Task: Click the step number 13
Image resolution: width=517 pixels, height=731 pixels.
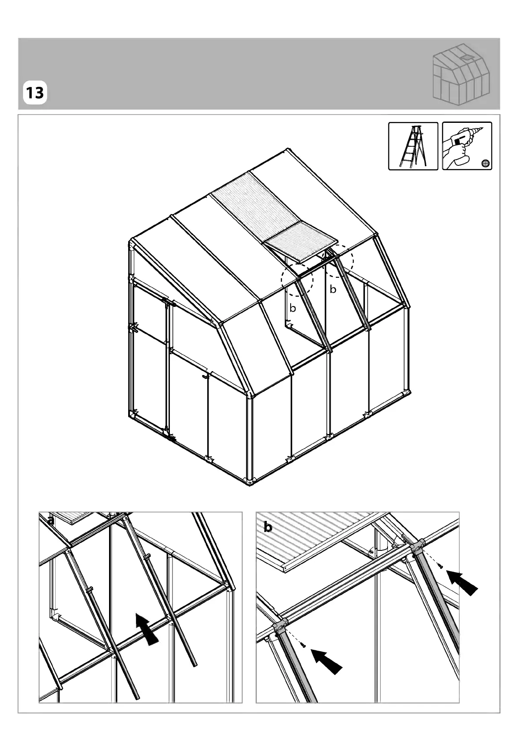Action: pyautogui.click(x=35, y=93)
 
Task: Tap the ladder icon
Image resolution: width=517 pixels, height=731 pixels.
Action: pyautogui.click(x=413, y=146)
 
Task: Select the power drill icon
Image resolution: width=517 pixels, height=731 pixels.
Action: pyautogui.click(x=467, y=146)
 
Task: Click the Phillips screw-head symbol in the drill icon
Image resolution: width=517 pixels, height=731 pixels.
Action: pyautogui.click(x=485, y=162)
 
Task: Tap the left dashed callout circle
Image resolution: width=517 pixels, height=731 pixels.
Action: pyautogui.click(x=297, y=280)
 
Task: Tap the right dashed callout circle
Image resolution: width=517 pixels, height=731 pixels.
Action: pyautogui.click(x=338, y=261)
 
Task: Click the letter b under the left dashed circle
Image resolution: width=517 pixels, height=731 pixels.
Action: pyautogui.click(x=293, y=308)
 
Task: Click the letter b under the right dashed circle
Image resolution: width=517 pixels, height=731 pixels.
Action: pyautogui.click(x=333, y=290)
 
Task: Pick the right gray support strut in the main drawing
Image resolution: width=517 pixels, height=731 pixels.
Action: pyautogui.click(x=352, y=293)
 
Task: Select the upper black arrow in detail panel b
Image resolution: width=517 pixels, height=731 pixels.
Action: pyautogui.click(x=462, y=583)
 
